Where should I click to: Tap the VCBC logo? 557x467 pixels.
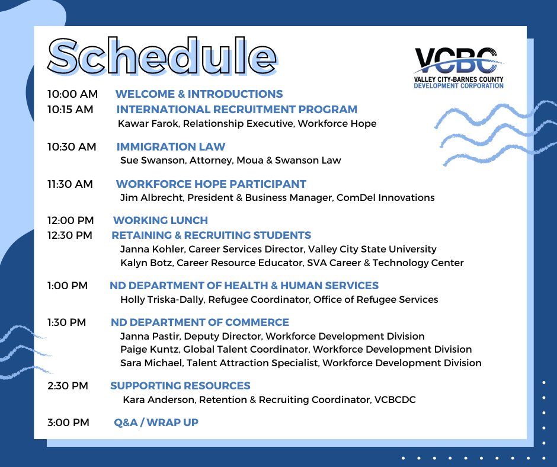[459, 66]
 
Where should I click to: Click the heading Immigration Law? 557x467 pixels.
[171, 146]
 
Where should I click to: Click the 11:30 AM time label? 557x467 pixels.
[70, 184]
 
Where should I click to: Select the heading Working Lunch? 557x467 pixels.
[160, 220]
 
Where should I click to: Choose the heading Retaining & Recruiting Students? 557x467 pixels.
[211, 235]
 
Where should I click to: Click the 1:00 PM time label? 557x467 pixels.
[68, 286]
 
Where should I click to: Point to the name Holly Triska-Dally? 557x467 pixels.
[162, 299]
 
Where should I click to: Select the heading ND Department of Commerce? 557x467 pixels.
[200, 322]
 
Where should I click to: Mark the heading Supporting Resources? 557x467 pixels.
[180, 386]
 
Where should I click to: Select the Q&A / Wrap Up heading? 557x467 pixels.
[156, 423]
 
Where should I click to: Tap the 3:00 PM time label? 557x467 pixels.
[68, 423]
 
